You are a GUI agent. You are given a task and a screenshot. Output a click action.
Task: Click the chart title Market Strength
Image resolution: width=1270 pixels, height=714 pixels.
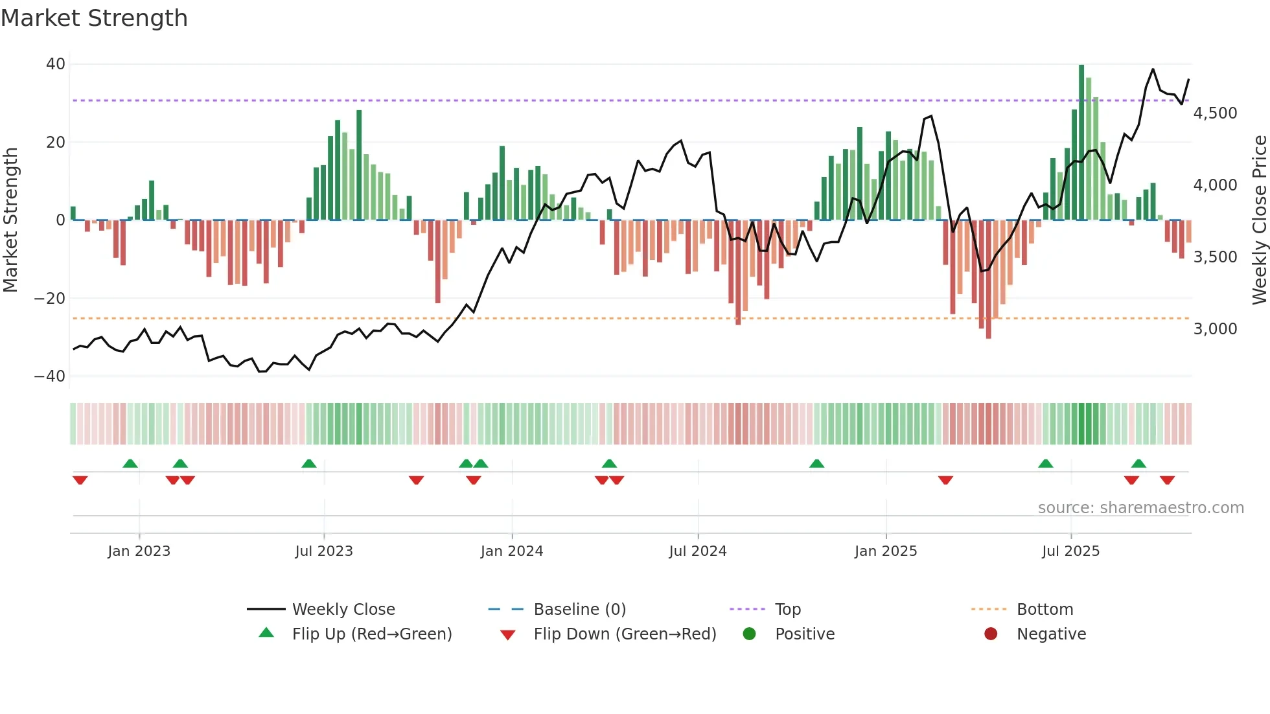pyautogui.click(x=94, y=18)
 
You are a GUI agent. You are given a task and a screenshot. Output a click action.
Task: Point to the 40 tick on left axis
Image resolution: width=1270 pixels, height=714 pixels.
pyautogui.click(x=56, y=64)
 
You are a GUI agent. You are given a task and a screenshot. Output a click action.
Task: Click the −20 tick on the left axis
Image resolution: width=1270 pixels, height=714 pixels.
pyautogui.click(x=50, y=299)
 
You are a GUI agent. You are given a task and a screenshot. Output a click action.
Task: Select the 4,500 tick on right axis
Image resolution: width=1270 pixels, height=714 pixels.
pyautogui.click(x=1215, y=113)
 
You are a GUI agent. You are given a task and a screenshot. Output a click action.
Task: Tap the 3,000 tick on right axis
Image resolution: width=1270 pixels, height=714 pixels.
pyautogui.click(x=1215, y=329)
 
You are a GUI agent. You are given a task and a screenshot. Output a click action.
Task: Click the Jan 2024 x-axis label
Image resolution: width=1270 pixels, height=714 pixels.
pyautogui.click(x=511, y=551)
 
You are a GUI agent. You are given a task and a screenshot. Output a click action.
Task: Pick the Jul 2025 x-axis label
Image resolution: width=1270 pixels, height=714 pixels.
pyautogui.click(x=1070, y=551)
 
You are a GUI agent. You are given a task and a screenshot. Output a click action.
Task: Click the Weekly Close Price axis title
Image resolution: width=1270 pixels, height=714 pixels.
pyautogui.click(x=1259, y=220)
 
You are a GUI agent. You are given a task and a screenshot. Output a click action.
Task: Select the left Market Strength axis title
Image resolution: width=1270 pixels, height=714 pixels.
pyautogui.click(x=10, y=220)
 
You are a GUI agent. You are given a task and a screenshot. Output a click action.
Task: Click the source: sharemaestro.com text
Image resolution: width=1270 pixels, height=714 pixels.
pyautogui.click(x=1140, y=508)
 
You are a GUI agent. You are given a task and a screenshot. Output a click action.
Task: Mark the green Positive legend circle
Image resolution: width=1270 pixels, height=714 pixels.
pyautogui.click(x=749, y=634)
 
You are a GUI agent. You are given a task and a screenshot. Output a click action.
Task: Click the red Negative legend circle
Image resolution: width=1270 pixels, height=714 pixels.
pyautogui.click(x=991, y=634)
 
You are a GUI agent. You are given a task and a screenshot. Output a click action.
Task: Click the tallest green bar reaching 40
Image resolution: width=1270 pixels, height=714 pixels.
pyautogui.click(x=1081, y=143)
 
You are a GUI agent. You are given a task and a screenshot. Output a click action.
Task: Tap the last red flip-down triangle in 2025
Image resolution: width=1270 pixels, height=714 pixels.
pyautogui.click(x=1168, y=480)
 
